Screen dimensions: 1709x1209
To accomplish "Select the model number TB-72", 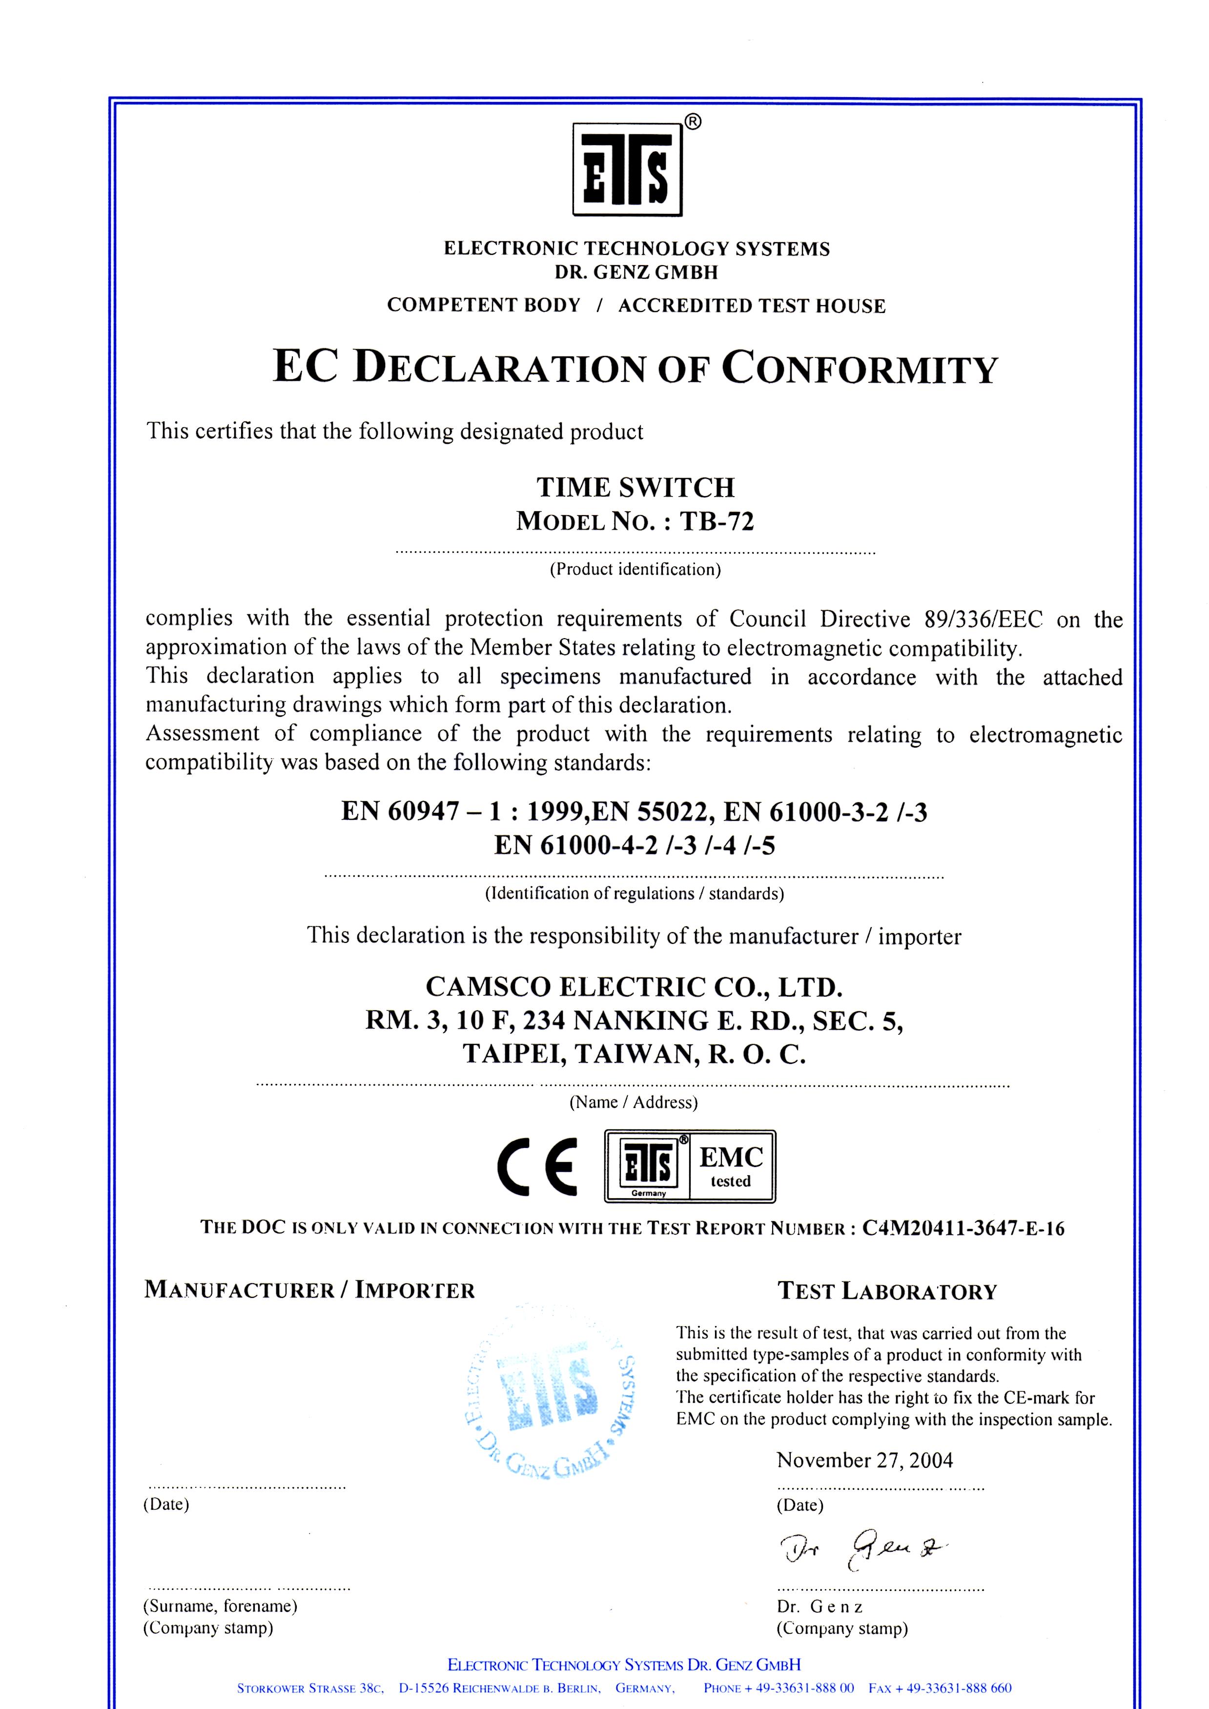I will point(716,521).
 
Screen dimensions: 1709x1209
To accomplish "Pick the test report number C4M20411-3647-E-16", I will point(963,1228).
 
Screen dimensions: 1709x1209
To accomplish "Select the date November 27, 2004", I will point(864,1460).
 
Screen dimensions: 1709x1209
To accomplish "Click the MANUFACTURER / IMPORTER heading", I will point(309,1290).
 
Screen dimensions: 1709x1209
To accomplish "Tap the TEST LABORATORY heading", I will point(887,1291).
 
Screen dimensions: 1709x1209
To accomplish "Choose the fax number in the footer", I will point(940,1688).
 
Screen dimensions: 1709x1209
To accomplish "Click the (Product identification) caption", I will point(635,570).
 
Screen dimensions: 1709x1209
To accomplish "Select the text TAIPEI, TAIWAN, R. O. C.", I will point(635,1054).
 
